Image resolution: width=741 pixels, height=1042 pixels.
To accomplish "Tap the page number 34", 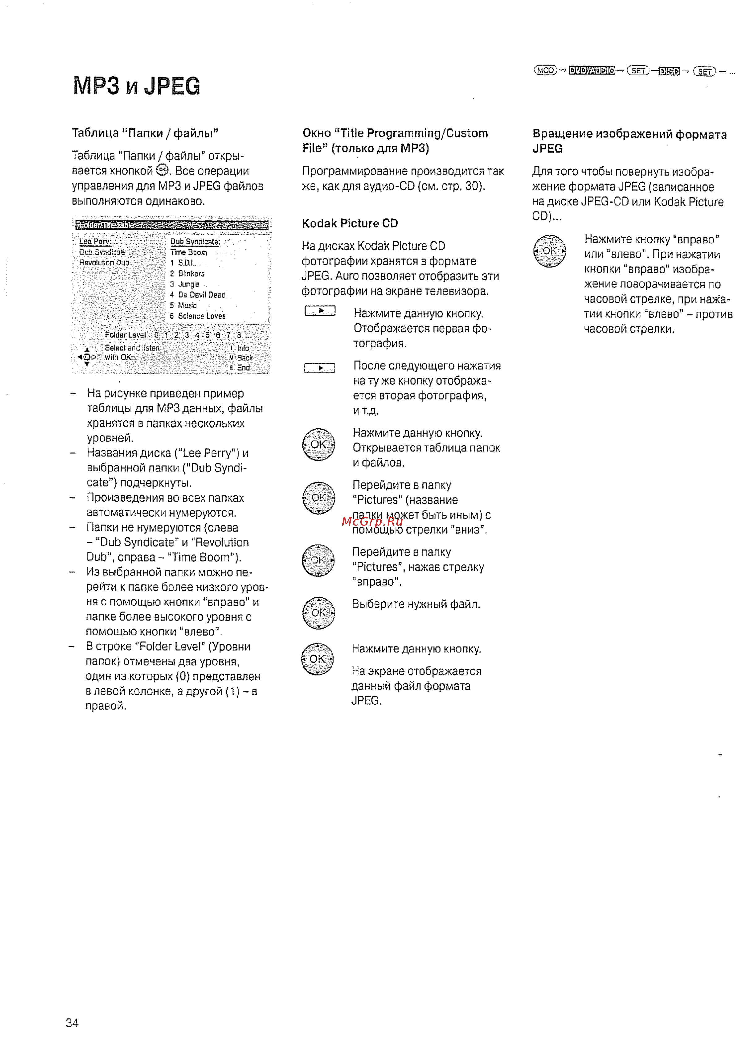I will click(x=72, y=1023).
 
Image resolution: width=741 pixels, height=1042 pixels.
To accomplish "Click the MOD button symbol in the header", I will click(x=545, y=70).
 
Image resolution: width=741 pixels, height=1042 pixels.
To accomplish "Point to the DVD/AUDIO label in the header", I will click(x=592, y=70).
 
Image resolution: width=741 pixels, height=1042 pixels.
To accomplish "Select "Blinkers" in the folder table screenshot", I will click(x=191, y=273).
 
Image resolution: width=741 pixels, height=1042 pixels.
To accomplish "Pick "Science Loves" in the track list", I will click(x=202, y=316).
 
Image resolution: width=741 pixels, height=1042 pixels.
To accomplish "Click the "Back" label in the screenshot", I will click(x=245, y=358).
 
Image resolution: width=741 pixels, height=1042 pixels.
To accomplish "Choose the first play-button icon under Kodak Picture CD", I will click(x=320, y=311).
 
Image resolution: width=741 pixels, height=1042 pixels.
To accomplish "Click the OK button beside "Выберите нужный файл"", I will click(x=319, y=613).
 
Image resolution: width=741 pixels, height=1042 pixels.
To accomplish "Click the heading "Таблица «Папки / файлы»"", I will click(x=145, y=133).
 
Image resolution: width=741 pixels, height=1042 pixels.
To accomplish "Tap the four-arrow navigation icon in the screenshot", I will click(x=87, y=357).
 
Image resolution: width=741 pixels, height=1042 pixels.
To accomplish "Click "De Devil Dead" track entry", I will click(x=202, y=295).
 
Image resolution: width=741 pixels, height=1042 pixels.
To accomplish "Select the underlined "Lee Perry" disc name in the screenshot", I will click(x=95, y=241).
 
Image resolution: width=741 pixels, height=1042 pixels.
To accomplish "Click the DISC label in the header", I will click(x=669, y=71).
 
